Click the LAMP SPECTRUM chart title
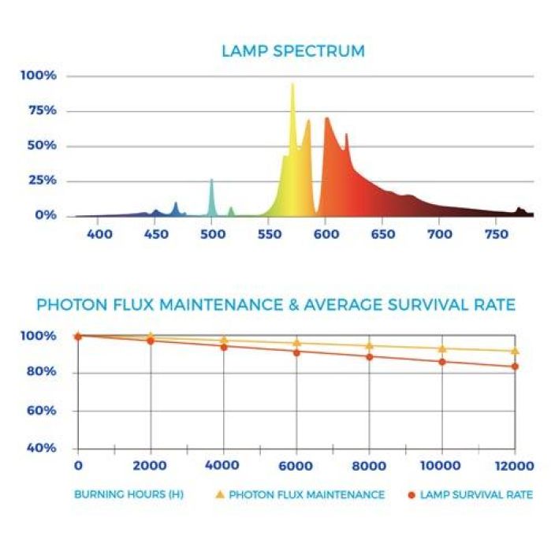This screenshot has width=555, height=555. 292,52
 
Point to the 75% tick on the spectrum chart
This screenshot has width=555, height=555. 39,110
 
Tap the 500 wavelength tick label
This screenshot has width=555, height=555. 211,235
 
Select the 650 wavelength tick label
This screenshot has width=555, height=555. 382,235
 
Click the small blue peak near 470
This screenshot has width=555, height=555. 176,204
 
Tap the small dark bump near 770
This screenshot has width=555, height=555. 520,209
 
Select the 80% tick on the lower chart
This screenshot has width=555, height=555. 40,374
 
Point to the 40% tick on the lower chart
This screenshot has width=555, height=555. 40,448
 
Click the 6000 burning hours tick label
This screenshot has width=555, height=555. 296,466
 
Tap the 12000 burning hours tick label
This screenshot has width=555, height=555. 515,466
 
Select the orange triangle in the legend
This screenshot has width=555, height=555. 221,494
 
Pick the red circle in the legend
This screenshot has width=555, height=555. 412,495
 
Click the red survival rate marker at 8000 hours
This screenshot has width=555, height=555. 370,356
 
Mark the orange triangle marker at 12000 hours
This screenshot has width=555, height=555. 515,351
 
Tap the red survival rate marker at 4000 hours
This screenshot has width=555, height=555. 224,347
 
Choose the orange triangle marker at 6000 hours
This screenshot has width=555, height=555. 296,342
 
